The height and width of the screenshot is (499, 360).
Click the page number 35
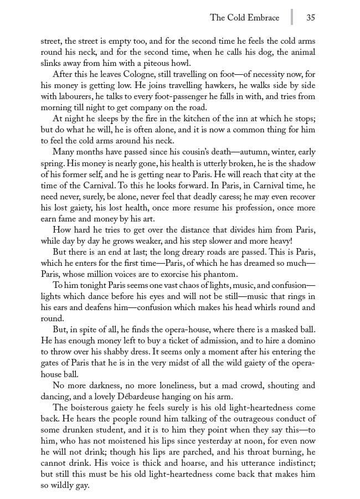pos(310,17)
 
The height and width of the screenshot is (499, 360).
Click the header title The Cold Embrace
pos(245,17)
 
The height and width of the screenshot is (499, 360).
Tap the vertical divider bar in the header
pos(292,17)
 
